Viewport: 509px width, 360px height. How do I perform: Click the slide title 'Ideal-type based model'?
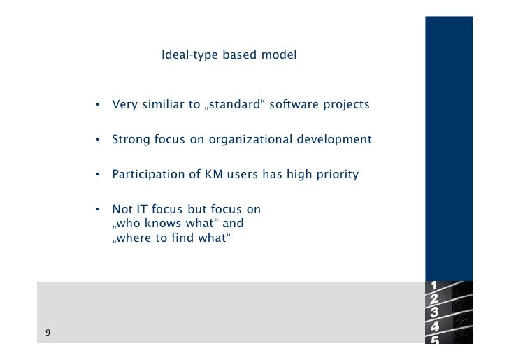point(229,55)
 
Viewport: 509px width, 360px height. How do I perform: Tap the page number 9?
point(48,333)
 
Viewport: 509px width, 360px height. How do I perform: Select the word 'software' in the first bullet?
point(292,106)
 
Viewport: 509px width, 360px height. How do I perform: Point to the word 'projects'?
point(345,106)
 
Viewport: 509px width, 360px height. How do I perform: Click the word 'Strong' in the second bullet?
point(131,140)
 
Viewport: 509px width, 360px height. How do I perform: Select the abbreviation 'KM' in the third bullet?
point(214,174)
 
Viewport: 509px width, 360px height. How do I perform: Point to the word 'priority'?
point(336,174)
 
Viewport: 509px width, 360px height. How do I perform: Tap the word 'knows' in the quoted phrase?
point(161,224)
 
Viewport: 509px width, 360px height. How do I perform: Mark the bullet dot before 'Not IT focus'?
point(99,210)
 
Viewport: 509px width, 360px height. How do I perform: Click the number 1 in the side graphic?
point(435,285)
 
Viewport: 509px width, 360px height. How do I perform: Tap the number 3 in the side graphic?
point(435,312)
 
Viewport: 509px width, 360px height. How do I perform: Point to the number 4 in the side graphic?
point(435,326)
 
